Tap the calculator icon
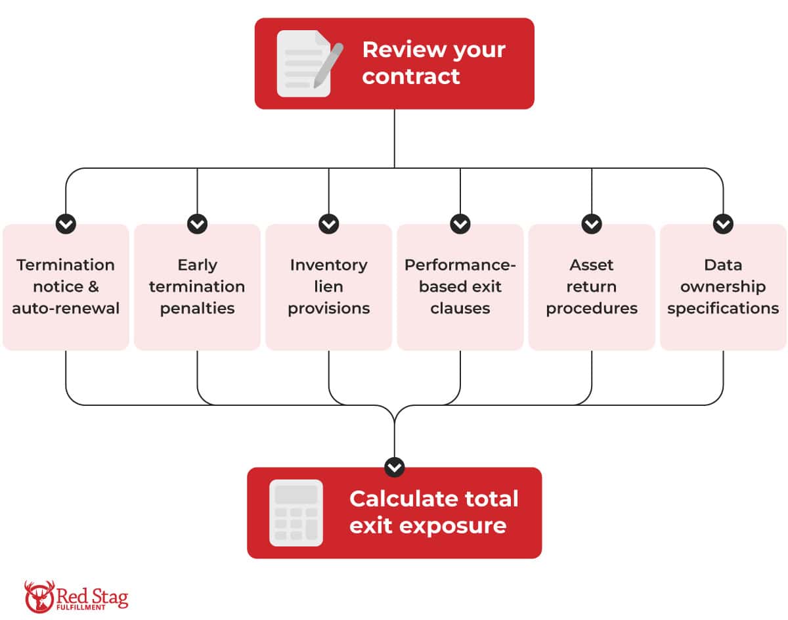coord(296,513)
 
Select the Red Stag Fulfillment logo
coord(76,596)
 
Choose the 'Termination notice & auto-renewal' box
coord(66,287)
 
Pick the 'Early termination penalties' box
coord(197,287)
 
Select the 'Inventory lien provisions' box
coord(328,287)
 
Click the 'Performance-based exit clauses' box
coord(460,287)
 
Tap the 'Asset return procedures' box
coord(592,287)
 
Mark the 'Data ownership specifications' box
coord(723,287)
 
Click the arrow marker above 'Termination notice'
coord(66,224)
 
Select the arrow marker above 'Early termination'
coord(197,224)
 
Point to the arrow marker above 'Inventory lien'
coord(328,224)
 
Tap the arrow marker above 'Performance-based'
coord(460,224)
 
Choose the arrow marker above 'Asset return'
coord(592,224)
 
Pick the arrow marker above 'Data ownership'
coord(723,224)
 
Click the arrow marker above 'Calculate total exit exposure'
coord(394,467)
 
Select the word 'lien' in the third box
coord(328,286)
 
